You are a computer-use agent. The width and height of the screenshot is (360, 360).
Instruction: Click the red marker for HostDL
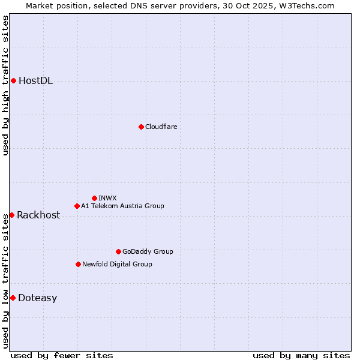[13, 80]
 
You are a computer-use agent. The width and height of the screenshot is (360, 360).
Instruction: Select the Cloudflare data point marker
[141, 127]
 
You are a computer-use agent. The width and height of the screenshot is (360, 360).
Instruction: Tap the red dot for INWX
[94, 198]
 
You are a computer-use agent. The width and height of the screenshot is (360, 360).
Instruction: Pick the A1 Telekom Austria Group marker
[77, 206]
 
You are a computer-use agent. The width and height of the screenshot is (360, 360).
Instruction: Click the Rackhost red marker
[11, 215]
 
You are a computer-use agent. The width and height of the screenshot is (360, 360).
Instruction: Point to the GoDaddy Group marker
[118, 251]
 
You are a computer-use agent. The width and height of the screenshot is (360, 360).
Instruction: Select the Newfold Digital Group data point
[78, 264]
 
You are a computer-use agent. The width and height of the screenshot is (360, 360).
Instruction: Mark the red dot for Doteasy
[13, 298]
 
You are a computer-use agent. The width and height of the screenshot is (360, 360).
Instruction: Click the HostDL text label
[36, 81]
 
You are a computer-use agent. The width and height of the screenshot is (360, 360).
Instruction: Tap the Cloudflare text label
[161, 127]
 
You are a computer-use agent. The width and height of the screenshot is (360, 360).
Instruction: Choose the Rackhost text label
[38, 215]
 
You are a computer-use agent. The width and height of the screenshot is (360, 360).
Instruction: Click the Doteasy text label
[37, 298]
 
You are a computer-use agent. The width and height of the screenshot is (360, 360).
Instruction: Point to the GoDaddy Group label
[148, 251]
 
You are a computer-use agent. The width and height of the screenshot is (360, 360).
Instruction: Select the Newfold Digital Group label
[117, 264]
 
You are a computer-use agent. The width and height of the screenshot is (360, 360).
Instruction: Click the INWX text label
[107, 198]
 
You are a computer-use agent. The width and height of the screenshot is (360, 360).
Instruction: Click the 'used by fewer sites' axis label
[62, 355]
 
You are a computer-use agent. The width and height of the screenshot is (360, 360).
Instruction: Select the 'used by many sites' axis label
[301, 355]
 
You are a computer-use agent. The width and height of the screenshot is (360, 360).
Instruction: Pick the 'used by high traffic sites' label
[5, 85]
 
